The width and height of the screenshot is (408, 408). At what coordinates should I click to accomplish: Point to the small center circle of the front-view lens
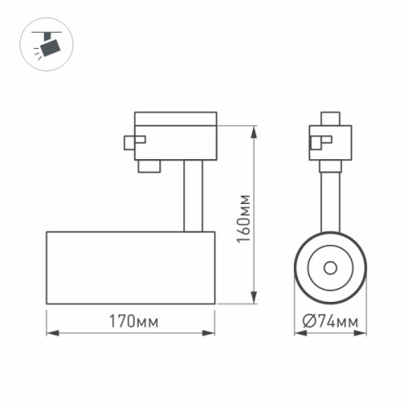(330, 268)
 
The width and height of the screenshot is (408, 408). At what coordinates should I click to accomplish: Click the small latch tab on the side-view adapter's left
(129, 141)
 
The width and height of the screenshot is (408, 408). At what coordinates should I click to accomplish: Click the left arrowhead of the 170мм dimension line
(49, 333)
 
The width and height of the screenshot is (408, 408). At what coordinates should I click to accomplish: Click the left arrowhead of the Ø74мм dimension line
(298, 333)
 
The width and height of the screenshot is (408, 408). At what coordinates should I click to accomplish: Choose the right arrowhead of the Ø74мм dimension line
(362, 333)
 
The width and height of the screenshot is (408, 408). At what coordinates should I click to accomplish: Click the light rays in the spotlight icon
(38, 51)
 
